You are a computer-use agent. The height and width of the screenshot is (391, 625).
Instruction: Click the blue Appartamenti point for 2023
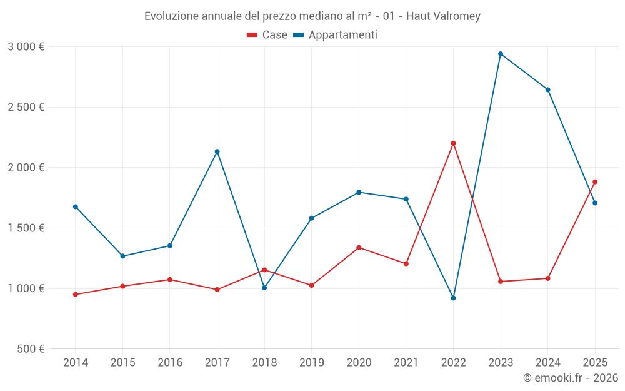(501, 54)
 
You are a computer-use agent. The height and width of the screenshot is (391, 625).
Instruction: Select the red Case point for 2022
(453, 143)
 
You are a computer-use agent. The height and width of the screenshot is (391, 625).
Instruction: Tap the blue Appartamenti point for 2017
(217, 151)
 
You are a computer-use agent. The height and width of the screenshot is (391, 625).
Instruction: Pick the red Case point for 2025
(595, 182)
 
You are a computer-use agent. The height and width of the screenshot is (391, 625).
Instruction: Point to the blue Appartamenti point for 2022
(453, 298)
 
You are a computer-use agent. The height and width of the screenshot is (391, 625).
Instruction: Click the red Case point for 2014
(76, 295)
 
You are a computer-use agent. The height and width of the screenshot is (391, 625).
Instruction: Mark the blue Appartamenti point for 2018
(264, 288)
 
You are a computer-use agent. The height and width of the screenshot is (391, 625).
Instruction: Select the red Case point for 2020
(359, 248)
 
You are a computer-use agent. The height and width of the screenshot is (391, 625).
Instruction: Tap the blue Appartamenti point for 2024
(547, 89)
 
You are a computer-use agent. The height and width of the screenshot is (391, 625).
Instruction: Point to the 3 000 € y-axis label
(26, 47)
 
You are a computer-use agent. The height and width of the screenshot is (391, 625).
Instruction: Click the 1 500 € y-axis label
(26, 228)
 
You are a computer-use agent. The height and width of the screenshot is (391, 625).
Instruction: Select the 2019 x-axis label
(311, 363)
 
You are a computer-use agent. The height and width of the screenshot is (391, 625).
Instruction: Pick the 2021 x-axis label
(406, 363)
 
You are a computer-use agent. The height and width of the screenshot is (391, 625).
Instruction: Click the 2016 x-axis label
(170, 363)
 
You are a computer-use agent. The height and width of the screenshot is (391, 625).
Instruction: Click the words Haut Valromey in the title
(443, 16)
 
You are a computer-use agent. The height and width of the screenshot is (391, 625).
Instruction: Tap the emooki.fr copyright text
(570, 378)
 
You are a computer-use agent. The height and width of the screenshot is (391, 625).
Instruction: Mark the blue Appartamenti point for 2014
(76, 206)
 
